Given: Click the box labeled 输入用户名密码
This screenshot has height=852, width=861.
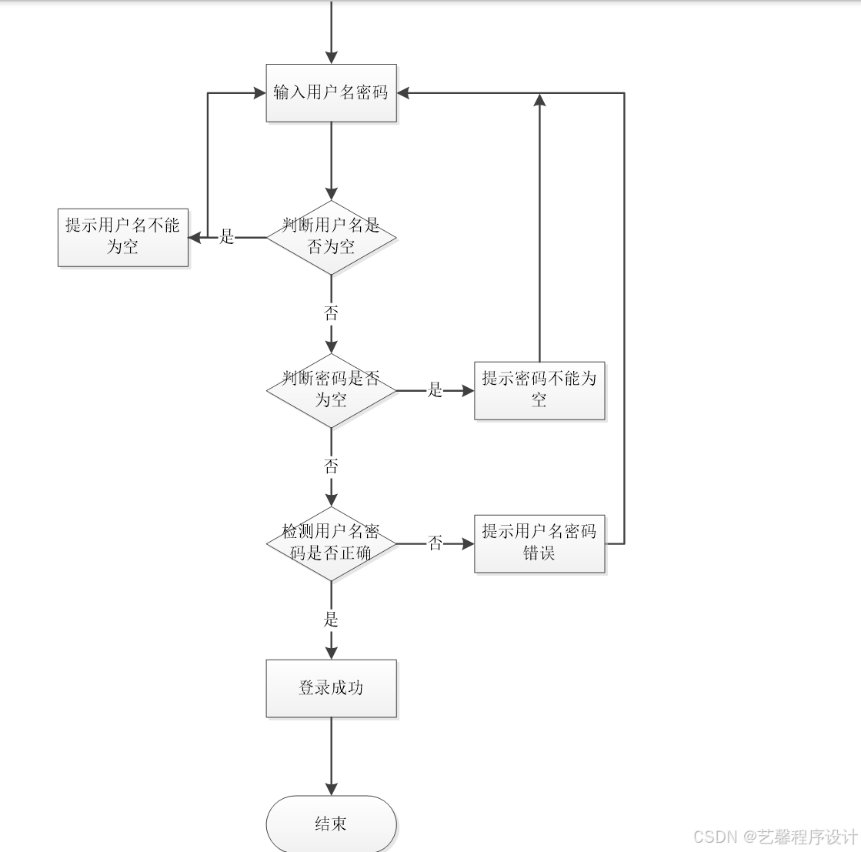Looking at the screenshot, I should click(x=332, y=93).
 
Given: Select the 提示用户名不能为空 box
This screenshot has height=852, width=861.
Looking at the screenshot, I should click(x=123, y=237).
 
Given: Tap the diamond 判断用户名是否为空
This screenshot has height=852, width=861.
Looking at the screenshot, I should click(x=332, y=237).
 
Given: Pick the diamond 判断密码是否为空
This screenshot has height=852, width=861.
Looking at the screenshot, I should click(x=332, y=390).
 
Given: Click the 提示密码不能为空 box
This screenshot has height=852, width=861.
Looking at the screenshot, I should click(x=539, y=390).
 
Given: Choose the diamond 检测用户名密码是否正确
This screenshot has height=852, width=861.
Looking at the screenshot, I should click(x=332, y=543).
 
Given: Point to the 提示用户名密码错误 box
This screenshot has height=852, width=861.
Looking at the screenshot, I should click(x=539, y=543).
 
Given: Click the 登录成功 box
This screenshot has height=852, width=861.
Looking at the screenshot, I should click(x=332, y=688).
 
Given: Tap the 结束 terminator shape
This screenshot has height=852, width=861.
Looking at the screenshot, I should click(x=332, y=824).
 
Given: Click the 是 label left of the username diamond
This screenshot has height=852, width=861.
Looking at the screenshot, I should click(x=227, y=237).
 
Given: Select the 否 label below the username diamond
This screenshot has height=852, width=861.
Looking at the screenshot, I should click(x=332, y=313).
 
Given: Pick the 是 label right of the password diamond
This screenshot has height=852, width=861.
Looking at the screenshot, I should click(x=436, y=390).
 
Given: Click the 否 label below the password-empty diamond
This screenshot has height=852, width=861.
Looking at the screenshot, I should click(x=332, y=466).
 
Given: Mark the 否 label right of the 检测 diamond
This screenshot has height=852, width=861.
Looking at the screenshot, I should click(x=436, y=543).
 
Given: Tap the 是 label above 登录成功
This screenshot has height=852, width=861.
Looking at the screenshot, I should click(x=332, y=620).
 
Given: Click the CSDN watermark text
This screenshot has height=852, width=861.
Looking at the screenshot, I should click(x=775, y=837).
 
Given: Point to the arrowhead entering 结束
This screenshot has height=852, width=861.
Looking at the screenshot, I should click(x=332, y=789).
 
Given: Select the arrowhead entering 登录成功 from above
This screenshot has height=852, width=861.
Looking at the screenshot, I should click(x=332, y=653).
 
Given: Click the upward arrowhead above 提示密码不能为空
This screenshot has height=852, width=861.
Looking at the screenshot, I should click(x=539, y=100).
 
